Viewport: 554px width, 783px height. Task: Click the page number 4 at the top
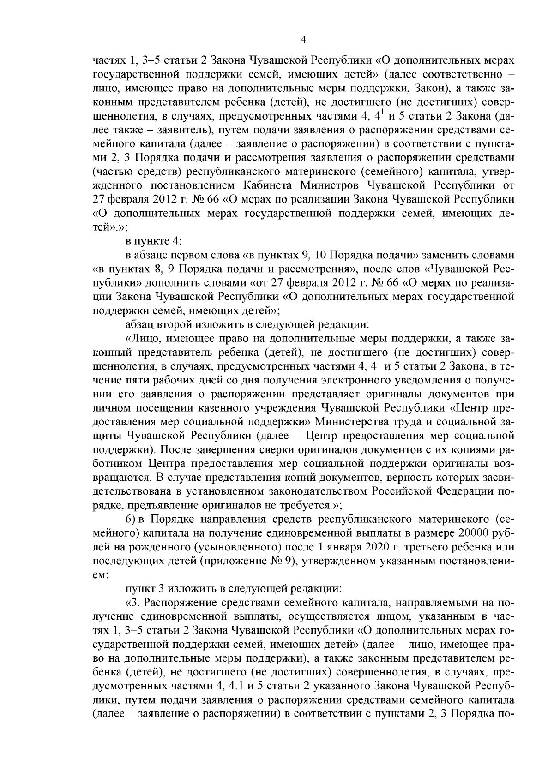303,40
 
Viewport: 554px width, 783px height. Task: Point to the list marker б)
131,520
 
